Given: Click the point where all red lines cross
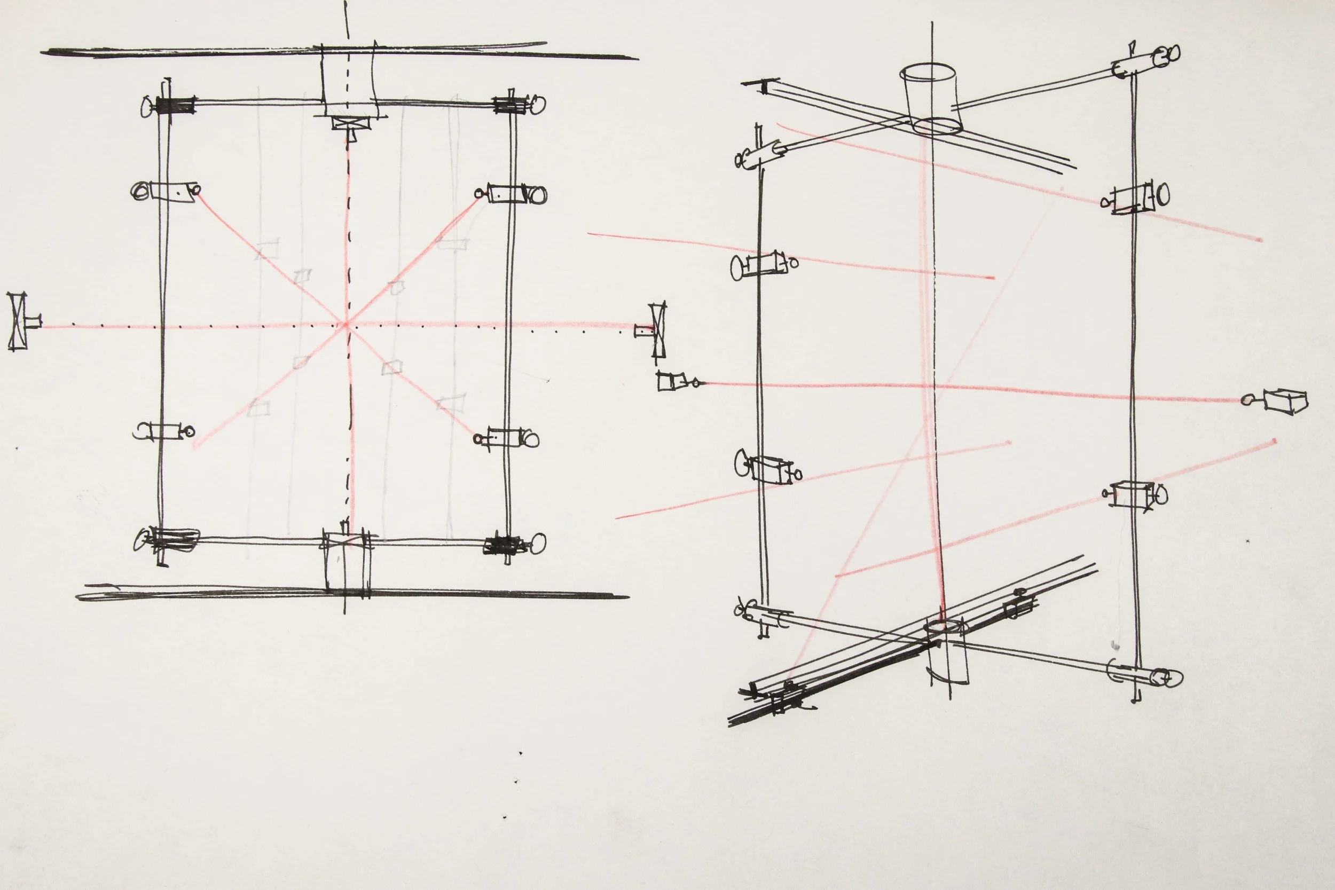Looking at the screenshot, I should tap(345, 325).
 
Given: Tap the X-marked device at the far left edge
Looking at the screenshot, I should tap(19, 321).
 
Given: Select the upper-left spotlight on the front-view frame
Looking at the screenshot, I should tap(165, 191).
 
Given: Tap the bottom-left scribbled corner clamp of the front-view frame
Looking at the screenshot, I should tap(170, 539).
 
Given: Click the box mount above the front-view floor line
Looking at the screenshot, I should tap(347, 562).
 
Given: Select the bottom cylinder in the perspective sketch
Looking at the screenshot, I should tap(945, 653).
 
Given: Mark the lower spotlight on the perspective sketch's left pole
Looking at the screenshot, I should tap(767, 469).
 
